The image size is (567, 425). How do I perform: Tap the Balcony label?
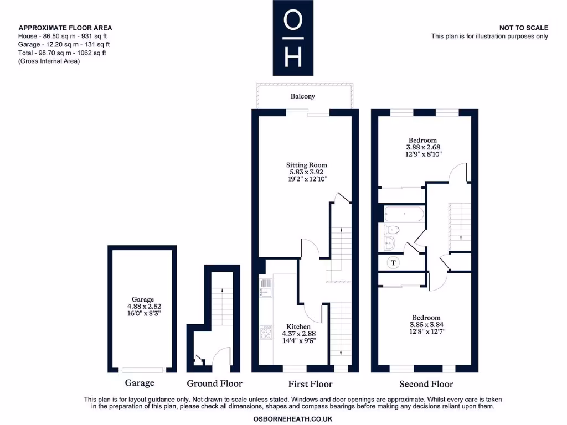(303, 96)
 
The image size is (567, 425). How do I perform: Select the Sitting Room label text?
(306, 165)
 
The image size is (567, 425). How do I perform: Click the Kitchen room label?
(298, 326)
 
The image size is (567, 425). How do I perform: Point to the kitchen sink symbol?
(266, 287)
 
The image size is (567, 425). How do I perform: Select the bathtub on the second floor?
(404, 213)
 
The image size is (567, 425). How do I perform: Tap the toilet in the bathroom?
(393, 230)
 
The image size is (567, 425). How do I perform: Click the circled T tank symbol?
(394, 262)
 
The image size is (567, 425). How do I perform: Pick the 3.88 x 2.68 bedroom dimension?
(422, 148)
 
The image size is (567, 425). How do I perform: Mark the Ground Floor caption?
(214, 383)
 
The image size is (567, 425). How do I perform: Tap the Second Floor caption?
(426, 384)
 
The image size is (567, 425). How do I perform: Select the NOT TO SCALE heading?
(523, 28)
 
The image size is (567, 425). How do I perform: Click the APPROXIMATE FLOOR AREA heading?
(65, 28)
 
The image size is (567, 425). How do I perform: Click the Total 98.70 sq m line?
(62, 53)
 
